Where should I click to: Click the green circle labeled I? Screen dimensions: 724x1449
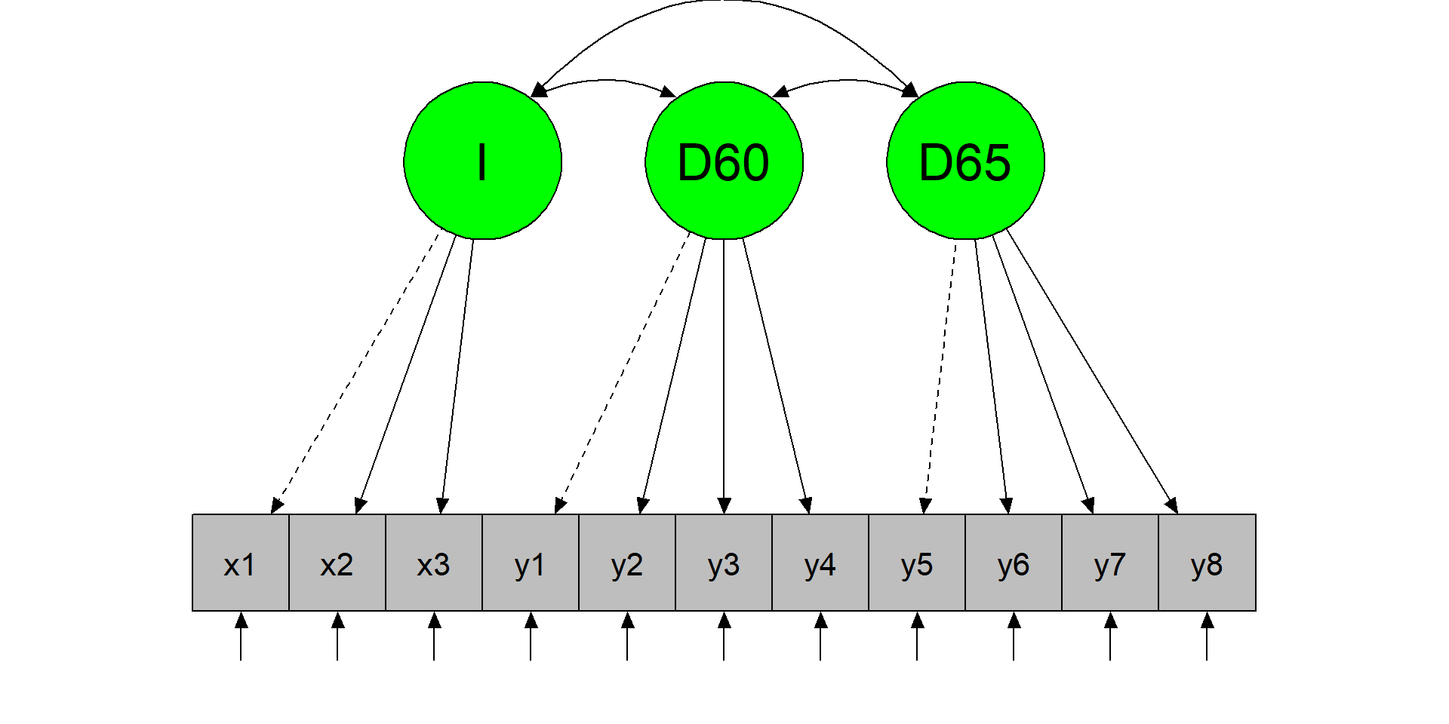pos(482,161)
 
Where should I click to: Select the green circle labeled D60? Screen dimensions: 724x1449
pos(724,161)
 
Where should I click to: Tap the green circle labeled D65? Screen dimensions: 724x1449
pos(965,161)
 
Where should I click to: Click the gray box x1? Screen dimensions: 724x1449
pos(241,563)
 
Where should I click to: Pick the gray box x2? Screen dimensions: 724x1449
pos(337,563)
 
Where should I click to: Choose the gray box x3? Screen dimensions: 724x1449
pos(434,563)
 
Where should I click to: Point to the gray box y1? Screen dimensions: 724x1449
pos(531,563)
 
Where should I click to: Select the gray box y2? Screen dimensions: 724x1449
pos(627,563)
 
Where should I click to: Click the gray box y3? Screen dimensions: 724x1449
pos(724,563)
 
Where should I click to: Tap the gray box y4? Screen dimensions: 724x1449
pos(820,563)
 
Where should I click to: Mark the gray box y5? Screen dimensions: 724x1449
pos(917,563)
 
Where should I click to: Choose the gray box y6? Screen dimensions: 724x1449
pos(1014,563)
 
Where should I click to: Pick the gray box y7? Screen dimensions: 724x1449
pos(1110,563)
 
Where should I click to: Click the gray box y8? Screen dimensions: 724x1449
pos(1207,563)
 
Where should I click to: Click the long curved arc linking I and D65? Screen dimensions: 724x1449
pos(723,2)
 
